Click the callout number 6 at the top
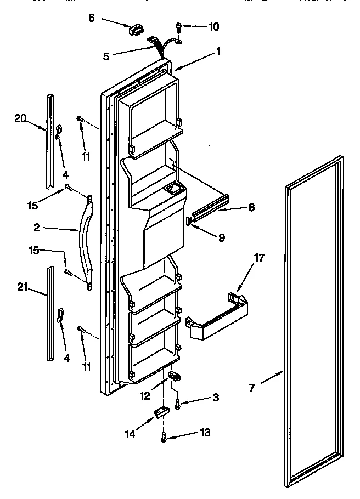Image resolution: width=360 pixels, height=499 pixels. (x=92, y=18)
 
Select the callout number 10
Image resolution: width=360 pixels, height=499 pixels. (x=213, y=26)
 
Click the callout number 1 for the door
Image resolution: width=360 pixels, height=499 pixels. (x=218, y=52)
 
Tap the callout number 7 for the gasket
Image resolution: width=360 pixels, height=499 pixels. (x=252, y=388)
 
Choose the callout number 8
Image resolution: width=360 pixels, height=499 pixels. (x=251, y=208)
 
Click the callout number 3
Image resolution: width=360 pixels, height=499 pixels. (x=216, y=397)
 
